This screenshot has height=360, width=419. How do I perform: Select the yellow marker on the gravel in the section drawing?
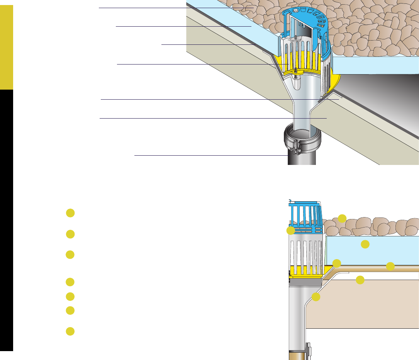pyautogui.click(x=342, y=218)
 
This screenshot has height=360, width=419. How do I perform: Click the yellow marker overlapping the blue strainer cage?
pyautogui.click(x=290, y=231)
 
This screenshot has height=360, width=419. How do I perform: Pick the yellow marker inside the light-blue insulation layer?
pyautogui.click(x=365, y=244)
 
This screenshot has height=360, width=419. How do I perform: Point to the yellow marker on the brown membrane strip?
pyautogui.click(x=390, y=266)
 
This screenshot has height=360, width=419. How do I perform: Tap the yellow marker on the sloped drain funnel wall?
pyautogui.click(x=316, y=297)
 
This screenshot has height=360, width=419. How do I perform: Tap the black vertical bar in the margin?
pyautogui.click(x=7, y=220)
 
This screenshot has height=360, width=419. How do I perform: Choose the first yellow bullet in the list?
pyautogui.click(x=70, y=213)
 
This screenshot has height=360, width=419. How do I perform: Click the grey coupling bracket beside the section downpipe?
pyautogui.click(x=309, y=349)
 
